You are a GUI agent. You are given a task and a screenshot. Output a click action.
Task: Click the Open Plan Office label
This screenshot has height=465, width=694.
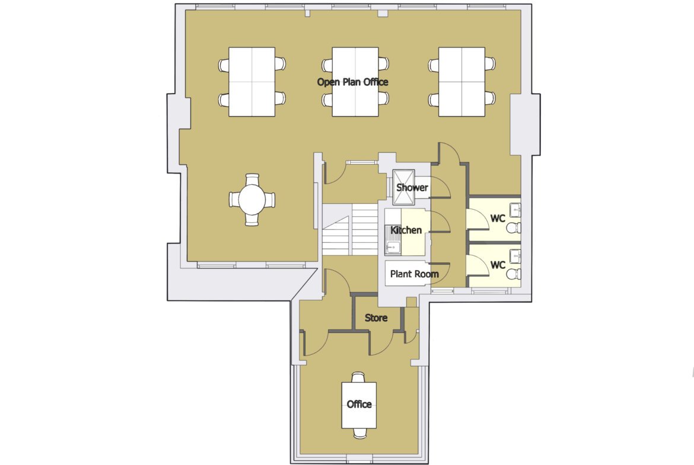click(353, 82)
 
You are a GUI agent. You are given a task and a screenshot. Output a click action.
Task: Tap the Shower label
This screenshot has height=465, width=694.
click(412, 187)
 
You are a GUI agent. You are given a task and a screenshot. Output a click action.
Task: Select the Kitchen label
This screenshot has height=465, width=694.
click(406, 230)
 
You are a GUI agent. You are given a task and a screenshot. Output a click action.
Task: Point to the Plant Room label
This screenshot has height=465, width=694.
click(414, 274)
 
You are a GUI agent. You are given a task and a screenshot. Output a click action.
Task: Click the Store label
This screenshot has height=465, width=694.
click(376, 318)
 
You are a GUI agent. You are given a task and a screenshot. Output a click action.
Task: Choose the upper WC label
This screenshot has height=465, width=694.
click(498, 219)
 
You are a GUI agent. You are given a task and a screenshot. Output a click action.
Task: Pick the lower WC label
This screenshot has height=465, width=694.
click(498, 265)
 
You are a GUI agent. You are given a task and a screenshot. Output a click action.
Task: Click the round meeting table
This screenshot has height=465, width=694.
click(252, 200)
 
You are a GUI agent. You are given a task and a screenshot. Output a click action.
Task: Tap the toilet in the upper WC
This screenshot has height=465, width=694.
click(514, 228)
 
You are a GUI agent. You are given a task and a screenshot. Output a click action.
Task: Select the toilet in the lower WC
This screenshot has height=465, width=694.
click(514, 274)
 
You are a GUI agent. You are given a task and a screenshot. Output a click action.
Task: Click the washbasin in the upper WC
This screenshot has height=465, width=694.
click(515, 210)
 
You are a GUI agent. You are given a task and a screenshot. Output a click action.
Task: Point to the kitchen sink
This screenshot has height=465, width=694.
click(393, 246)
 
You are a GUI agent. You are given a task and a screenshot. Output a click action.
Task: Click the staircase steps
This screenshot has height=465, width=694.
click(349, 229)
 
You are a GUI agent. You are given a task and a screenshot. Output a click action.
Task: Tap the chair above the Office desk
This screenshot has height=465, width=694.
click(358, 377)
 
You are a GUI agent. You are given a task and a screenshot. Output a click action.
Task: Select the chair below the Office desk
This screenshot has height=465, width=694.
click(358, 433)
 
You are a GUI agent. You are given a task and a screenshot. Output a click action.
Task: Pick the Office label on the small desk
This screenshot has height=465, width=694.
click(359, 405)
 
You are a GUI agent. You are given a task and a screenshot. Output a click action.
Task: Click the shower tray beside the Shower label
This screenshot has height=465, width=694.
click(404, 188)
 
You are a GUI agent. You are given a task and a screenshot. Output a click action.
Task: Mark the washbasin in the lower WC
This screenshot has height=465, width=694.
click(515, 256)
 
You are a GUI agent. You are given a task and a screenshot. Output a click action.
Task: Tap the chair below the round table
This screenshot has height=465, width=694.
click(252, 220)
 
